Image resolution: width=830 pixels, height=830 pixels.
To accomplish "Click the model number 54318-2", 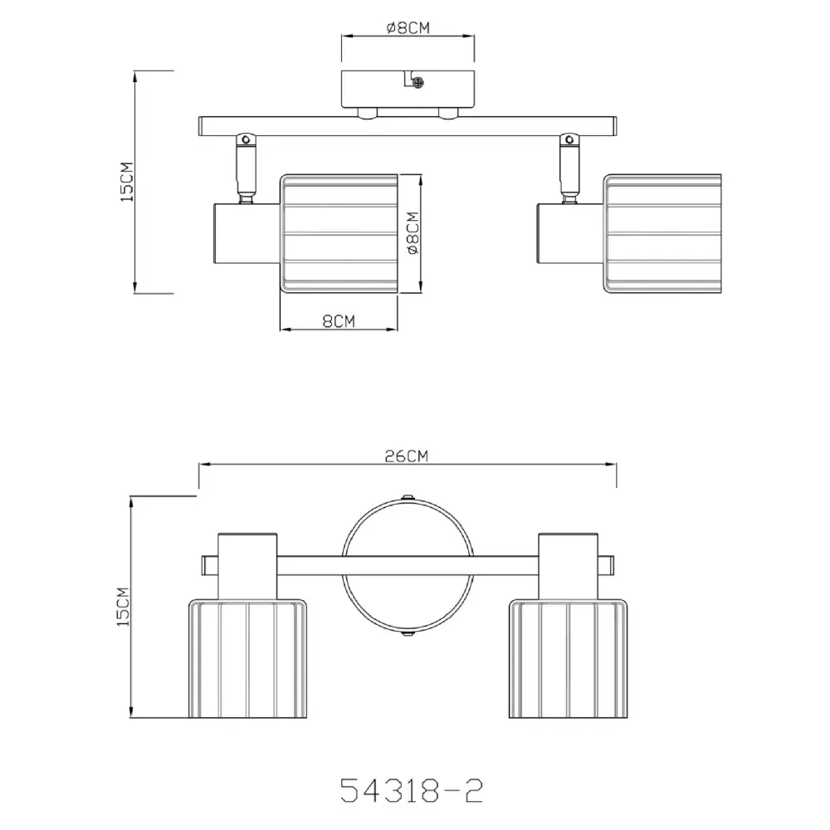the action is pos(412,790).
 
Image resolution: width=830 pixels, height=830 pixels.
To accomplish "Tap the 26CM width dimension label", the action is pos(406,456).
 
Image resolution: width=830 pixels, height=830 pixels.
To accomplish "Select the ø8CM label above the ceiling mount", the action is pos(408,27).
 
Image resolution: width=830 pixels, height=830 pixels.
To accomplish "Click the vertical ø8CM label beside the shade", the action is pos(413,233).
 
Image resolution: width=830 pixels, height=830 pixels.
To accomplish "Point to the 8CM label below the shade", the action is pos(339,320).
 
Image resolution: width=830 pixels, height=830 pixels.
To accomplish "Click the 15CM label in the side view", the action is pos(127,182).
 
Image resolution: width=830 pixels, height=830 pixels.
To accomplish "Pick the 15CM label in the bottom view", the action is pos(123,607).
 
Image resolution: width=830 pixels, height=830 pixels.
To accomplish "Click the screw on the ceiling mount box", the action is pos(418,82).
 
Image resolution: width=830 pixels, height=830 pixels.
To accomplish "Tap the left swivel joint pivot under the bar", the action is pos(246,139).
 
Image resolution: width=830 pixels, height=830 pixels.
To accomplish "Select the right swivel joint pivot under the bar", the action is pos(569,139).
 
